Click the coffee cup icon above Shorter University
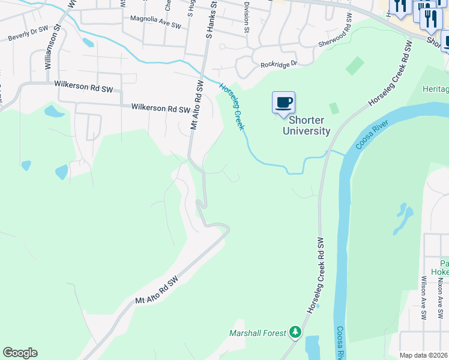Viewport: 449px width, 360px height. click(284, 102)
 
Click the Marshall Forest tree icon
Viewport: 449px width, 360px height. click(295, 332)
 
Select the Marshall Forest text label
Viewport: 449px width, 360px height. click(258, 332)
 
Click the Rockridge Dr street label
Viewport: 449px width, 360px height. click(279, 64)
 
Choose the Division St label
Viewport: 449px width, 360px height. click(247, 17)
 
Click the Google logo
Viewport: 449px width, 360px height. click(20, 353)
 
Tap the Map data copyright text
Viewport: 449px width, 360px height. click(423, 355)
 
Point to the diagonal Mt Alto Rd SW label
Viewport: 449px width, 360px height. click(157, 290)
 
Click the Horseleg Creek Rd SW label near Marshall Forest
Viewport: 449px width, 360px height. click(316, 274)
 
